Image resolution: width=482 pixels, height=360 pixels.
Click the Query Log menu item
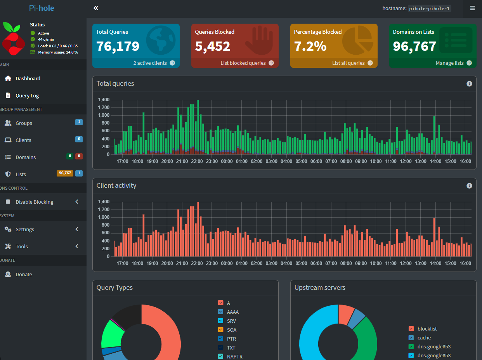click(27, 96)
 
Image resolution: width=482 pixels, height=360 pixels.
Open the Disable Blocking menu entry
click(34, 202)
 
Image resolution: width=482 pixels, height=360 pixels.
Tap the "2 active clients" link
click(154, 63)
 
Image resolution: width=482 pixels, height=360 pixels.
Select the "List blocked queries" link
click(247, 63)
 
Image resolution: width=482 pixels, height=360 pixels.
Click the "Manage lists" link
click(454, 63)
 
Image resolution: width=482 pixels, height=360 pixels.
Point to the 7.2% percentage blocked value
click(310, 46)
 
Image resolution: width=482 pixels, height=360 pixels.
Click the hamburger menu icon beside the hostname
click(472, 8)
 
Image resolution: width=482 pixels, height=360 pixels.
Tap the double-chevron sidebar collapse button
click(96, 8)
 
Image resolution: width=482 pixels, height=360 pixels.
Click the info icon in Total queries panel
click(469, 84)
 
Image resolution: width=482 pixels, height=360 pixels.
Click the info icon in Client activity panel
click(469, 186)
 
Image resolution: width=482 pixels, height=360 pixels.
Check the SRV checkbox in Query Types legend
click(220, 321)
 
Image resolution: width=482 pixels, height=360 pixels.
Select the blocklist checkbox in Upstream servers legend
click(411, 329)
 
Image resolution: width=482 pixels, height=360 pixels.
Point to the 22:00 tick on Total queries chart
click(197, 161)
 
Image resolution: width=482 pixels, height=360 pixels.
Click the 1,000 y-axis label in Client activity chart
click(104, 217)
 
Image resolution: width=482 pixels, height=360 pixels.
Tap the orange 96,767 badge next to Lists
click(65, 173)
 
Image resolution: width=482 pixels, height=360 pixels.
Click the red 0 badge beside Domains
click(79, 156)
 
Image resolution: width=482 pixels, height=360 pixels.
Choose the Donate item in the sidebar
click(24, 274)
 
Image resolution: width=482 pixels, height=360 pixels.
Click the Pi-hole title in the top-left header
click(42, 8)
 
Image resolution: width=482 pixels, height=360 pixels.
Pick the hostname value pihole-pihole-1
click(429, 9)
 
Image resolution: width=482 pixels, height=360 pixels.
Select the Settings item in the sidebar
click(24, 229)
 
